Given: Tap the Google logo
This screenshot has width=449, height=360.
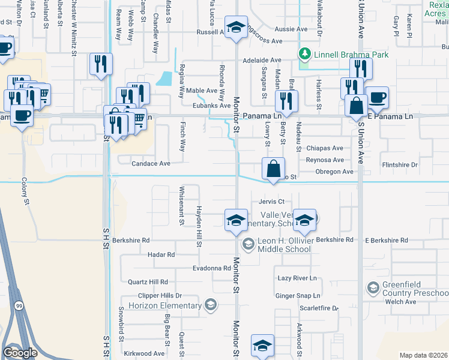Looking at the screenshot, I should point(20,352).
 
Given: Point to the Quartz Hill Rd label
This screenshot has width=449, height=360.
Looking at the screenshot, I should point(147,281).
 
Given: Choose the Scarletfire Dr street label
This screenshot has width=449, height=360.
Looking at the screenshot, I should point(319,308).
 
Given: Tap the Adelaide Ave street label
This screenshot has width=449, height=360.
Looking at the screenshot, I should point(262,61).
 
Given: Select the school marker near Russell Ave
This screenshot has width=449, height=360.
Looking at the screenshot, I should point(235,28).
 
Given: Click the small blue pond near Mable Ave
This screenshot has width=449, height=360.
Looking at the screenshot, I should point(163,79).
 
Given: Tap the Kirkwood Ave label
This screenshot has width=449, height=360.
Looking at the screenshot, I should point(144,354).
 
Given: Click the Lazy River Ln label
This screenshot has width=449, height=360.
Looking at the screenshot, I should point(297,278).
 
